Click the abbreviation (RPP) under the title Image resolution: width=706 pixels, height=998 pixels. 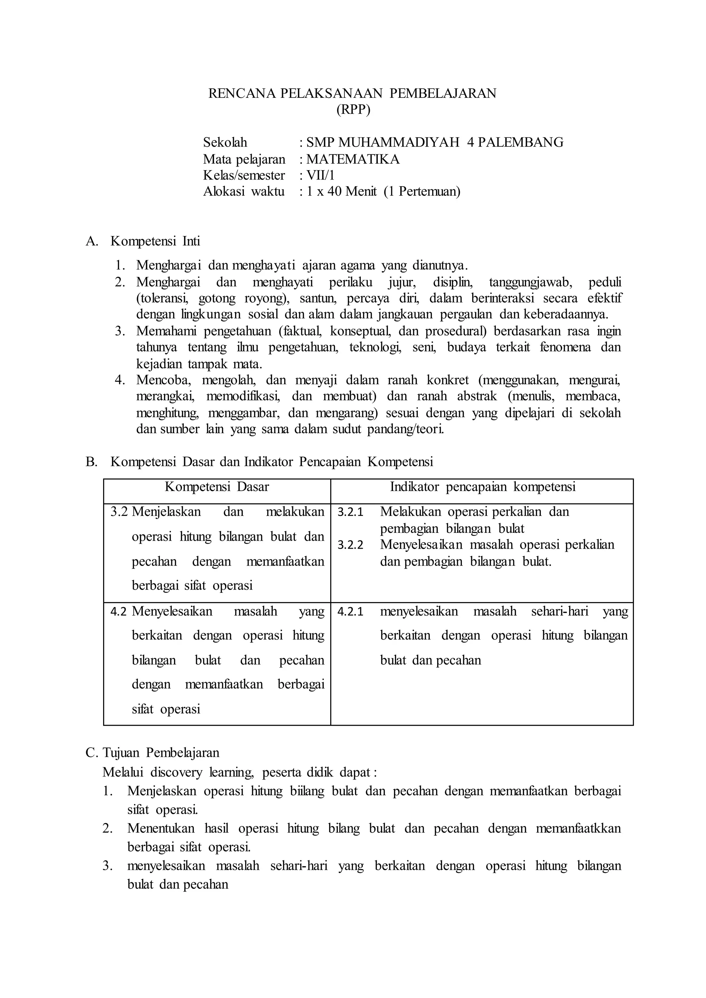(x=353, y=110)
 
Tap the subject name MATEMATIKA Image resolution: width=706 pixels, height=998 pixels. (x=353, y=159)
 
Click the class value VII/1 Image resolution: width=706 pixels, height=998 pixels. (x=320, y=175)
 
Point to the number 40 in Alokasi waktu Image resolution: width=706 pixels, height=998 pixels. (x=334, y=191)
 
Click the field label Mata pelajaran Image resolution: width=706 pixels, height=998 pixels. (x=244, y=159)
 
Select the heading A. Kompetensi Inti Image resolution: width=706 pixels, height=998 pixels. (x=143, y=241)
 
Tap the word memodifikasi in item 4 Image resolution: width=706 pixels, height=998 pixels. (x=243, y=396)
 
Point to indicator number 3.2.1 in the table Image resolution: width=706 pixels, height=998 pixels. (x=350, y=512)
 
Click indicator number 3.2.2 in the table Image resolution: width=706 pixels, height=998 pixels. (x=350, y=545)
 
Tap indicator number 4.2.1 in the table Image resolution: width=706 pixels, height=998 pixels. (x=350, y=612)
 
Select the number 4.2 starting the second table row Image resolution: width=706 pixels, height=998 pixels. (x=118, y=612)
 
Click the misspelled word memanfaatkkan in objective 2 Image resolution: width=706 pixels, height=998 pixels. (x=578, y=828)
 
